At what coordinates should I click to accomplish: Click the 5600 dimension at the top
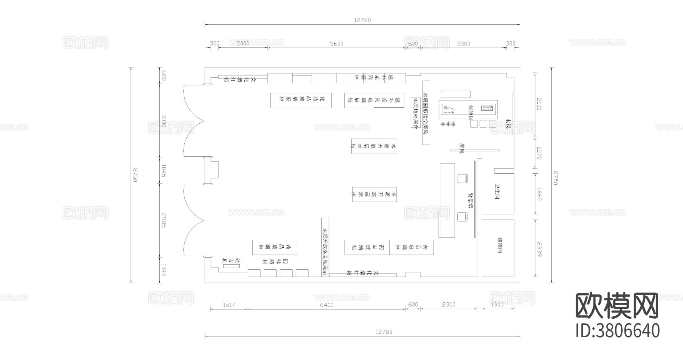click(336, 44)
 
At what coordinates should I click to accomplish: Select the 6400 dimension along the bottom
click(326, 305)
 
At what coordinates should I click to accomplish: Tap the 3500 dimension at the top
click(463, 44)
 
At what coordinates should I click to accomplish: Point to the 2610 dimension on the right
click(540, 104)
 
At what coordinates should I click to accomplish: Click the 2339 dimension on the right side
click(540, 247)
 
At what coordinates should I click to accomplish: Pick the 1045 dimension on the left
click(164, 171)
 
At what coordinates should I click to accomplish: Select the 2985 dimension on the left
click(164, 220)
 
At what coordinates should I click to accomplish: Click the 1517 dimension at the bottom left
click(229, 305)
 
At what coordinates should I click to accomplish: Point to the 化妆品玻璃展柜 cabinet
click(301, 100)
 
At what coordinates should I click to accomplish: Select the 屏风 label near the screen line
click(462, 148)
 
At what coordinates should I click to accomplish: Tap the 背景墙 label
click(470, 200)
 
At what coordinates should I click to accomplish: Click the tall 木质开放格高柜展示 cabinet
click(325, 247)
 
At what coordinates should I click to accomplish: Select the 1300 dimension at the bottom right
click(497, 305)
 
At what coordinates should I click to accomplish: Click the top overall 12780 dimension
click(362, 20)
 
